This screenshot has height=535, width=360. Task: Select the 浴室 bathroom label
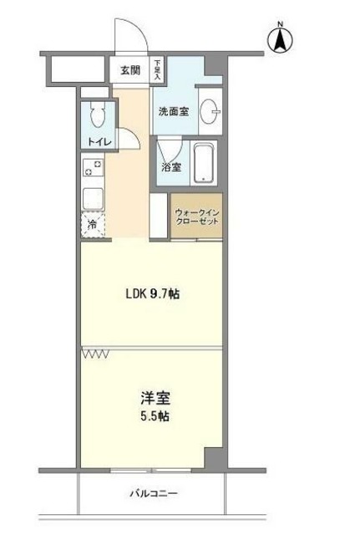[171, 166]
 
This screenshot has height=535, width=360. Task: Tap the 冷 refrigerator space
[92, 224]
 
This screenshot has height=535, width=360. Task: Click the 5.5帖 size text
[152, 415]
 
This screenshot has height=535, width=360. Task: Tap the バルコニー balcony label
[152, 493]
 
